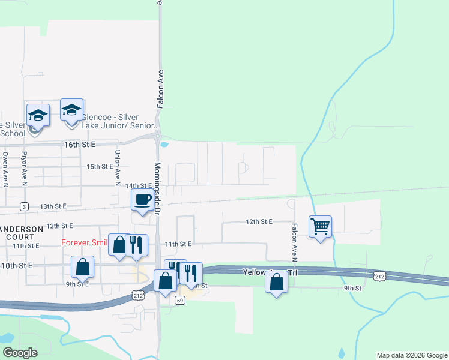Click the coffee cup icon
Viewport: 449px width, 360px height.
[x=142, y=200]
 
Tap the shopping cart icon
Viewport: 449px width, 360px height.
[x=320, y=227]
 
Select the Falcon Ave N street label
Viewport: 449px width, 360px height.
[x=295, y=243]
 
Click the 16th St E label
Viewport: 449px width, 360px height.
[x=80, y=145]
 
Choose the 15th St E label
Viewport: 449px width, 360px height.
[x=100, y=166]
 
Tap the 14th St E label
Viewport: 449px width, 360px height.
[x=139, y=186]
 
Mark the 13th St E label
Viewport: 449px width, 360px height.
[x=51, y=206]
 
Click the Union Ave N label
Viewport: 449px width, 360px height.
[x=118, y=167]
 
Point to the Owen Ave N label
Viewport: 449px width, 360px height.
[x=5, y=170]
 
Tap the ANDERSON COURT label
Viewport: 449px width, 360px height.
[x=22, y=233]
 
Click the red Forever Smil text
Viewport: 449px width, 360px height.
[x=85, y=243]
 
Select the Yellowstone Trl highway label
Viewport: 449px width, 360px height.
[x=270, y=272]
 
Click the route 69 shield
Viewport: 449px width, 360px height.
[x=179, y=300]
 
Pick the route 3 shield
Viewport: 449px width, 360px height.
[x=23, y=206]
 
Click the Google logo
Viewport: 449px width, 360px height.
[x=20, y=352]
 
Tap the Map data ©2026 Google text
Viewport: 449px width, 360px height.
[x=412, y=355]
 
